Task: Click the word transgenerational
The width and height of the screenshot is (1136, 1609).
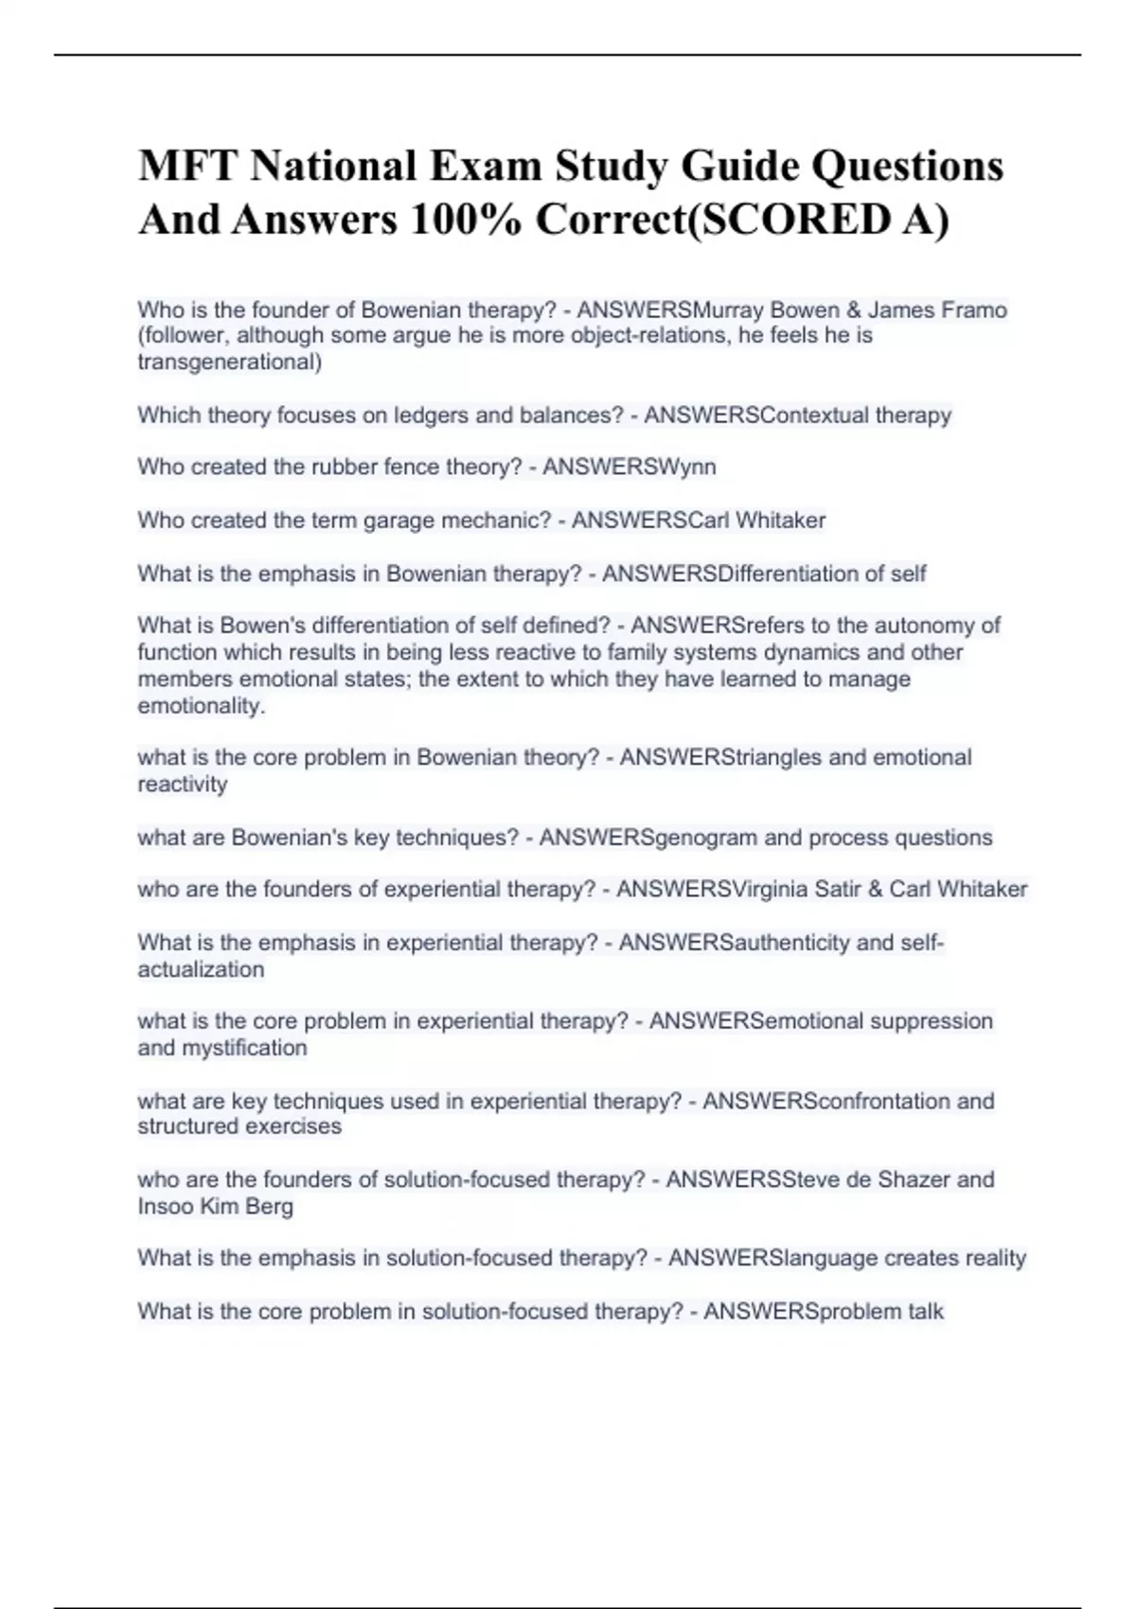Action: click(x=229, y=362)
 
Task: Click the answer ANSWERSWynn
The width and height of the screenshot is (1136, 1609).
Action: click(x=629, y=467)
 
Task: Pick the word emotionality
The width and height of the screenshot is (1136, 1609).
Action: click(x=201, y=706)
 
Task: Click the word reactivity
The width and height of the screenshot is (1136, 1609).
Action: click(x=183, y=785)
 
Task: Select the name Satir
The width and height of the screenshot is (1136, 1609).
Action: click(x=832, y=890)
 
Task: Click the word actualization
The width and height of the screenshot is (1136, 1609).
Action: click(x=201, y=970)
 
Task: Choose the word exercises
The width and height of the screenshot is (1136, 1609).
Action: click(x=293, y=1127)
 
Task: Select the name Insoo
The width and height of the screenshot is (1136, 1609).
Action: click(x=163, y=1207)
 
